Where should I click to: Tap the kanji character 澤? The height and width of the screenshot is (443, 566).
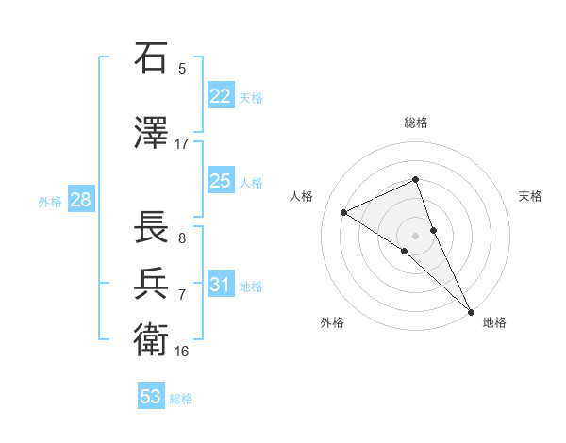pyautogui.click(x=152, y=133)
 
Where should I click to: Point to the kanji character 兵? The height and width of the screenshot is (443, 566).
pyautogui.click(x=152, y=283)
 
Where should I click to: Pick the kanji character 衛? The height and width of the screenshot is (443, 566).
pyautogui.click(x=152, y=338)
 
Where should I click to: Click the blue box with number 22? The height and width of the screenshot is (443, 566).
pyautogui.click(x=220, y=96)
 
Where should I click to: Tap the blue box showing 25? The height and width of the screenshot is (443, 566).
pyautogui.click(x=220, y=181)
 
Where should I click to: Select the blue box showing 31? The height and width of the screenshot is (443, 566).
pyautogui.click(x=220, y=285)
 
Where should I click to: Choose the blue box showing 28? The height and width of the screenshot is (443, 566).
pyautogui.click(x=80, y=200)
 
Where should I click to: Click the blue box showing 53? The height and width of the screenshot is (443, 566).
pyautogui.click(x=151, y=397)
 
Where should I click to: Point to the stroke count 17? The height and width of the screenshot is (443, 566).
pyautogui.click(x=182, y=143)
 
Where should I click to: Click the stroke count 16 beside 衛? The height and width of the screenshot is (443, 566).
pyautogui.click(x=182, y=351)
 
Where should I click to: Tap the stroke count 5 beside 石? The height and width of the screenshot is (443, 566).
pyautogui.click(x=182, y=68)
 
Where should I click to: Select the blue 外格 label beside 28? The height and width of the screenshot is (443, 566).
pyautogui.click(x=50, y=201)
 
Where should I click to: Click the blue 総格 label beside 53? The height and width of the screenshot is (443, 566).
pyautogui.click(x=181, y=398)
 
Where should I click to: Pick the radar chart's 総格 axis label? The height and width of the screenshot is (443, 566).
pyautogui.click(x=416, y=123)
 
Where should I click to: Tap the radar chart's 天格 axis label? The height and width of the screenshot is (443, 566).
pyautogui.click(x=531, y=196)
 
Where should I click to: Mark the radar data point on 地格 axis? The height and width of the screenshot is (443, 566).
pyautogui.click(x=471, y=310)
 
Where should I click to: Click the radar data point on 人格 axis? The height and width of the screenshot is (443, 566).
pyautogui.click(x=344, y=212)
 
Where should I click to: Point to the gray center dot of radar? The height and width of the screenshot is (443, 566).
pyautogui.click(x=415, y=235)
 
